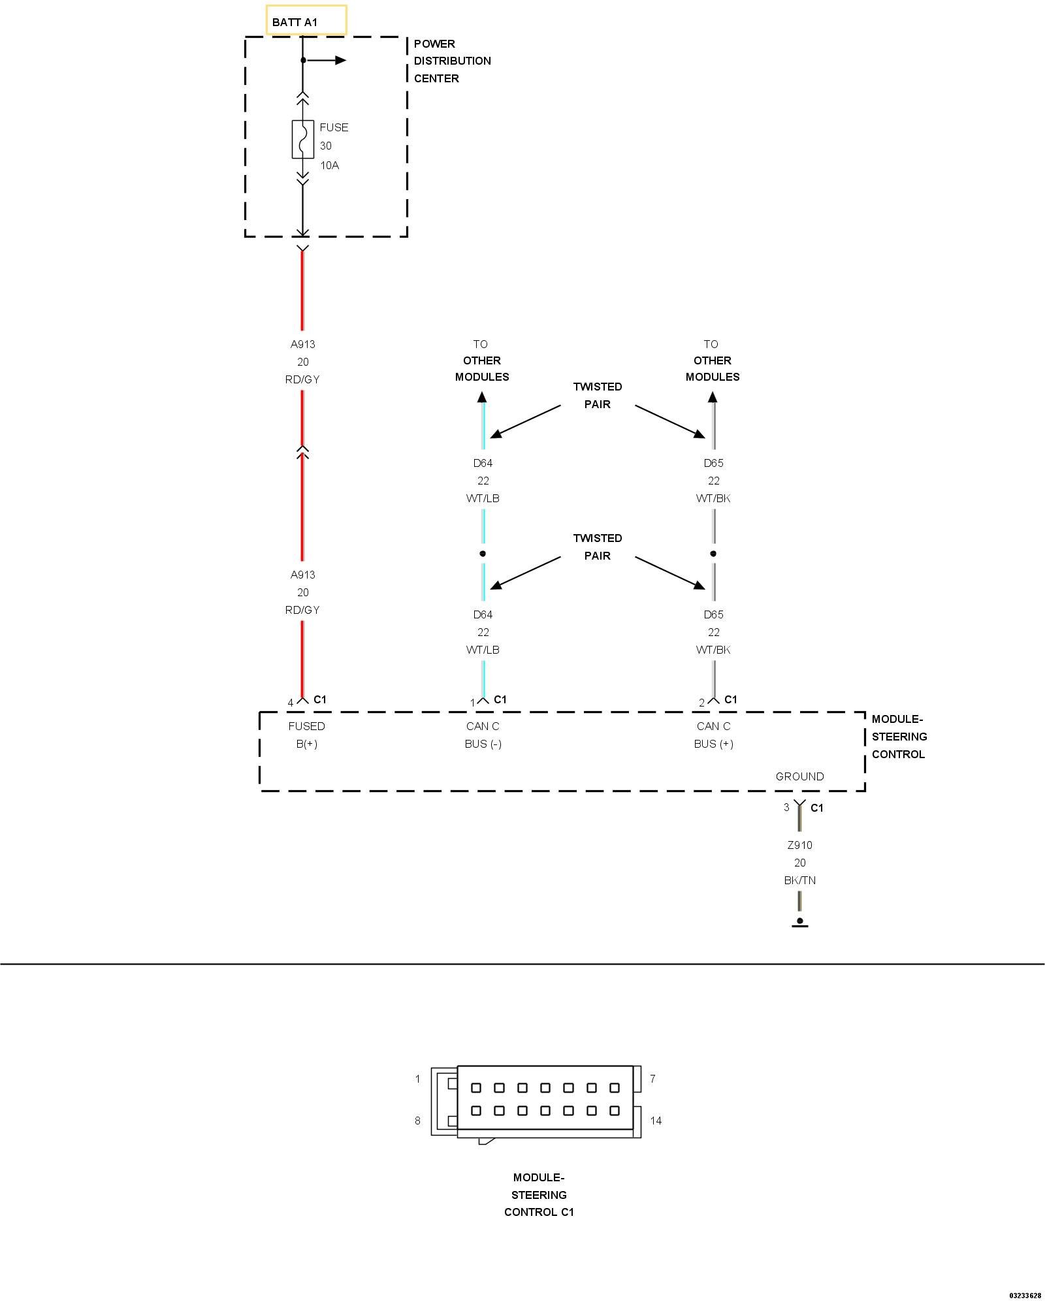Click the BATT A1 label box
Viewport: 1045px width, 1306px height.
coord(306,21)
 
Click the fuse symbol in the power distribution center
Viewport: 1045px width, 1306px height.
coord(302,139)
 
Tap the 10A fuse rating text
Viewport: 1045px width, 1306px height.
coord(329,165)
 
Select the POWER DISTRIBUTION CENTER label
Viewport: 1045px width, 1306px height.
coord(452,61)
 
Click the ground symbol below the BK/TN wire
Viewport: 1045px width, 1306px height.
coord(799,922)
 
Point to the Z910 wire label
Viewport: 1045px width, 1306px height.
coord(799,845)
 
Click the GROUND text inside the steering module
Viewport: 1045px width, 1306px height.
coord(799,776)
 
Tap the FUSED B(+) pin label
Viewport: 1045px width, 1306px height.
coord(306,735)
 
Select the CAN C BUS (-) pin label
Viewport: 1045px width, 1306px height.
coord(483,735)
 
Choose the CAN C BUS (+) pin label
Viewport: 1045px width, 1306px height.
coord(713,735)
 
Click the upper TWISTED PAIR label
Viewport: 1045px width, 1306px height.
coord(597,395)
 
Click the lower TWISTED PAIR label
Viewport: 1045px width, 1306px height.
coord(597,547)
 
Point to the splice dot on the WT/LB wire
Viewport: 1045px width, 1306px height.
coord(483,554)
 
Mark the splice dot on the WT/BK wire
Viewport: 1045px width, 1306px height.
coord(713,554)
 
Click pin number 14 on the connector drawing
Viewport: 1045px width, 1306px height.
coord(656,1121)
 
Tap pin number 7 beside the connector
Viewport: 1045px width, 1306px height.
coord(652,1079)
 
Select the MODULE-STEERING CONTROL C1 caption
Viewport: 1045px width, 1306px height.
coord(539,1194)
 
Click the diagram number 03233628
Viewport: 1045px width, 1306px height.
coord(1025,1296)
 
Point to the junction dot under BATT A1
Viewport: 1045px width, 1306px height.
coord(302,61)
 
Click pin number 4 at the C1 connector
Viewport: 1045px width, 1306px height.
coord(291,703)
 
